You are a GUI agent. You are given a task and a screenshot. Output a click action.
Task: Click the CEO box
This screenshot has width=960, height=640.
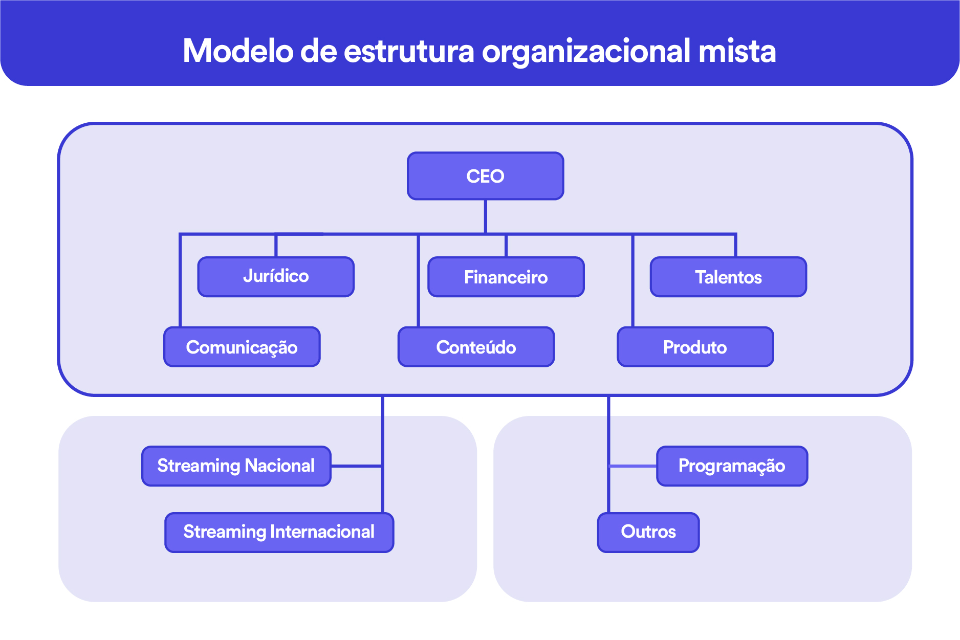click(485, 176)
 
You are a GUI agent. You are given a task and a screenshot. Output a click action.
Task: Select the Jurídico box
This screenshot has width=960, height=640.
click(276, 277)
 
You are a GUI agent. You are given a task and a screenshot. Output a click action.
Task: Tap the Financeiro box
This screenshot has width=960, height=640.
click(506, 277)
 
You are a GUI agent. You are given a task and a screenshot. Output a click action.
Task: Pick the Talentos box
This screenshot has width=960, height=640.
click(728, 277)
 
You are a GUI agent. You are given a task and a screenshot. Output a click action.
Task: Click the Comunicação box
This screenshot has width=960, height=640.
click(242, 347)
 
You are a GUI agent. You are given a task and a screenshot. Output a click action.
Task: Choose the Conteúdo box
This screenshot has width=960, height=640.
click(476, 347)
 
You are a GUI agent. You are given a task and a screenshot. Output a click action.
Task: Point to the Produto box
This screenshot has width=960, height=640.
click(695, 347)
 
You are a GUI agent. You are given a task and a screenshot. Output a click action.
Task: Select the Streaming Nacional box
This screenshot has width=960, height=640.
click(236, 466)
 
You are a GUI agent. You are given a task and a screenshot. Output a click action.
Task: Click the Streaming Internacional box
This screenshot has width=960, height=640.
click(279, 532)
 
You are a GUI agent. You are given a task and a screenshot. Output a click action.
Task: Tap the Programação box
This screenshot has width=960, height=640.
click(732, 466)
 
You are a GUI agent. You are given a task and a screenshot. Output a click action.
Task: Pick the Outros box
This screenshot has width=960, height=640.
click(648, 532)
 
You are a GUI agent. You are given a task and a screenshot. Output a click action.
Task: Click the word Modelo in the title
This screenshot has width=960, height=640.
click(238, 51)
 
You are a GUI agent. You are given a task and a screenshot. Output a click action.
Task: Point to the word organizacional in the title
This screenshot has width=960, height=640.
click(586, 52)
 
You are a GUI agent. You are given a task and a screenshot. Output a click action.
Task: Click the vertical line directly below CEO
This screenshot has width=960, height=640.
click(485, 216)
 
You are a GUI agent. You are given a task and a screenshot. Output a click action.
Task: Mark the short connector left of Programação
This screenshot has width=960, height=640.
click(633, 466)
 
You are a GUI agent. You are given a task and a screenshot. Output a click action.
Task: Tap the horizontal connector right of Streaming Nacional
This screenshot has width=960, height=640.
click(356, 466)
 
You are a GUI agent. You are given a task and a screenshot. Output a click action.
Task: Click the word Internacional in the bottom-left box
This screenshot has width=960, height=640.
click(322, 532)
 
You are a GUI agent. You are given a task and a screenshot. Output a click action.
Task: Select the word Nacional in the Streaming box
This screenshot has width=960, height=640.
click(279, 466)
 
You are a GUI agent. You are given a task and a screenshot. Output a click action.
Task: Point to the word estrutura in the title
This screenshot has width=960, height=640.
click(409, 51)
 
